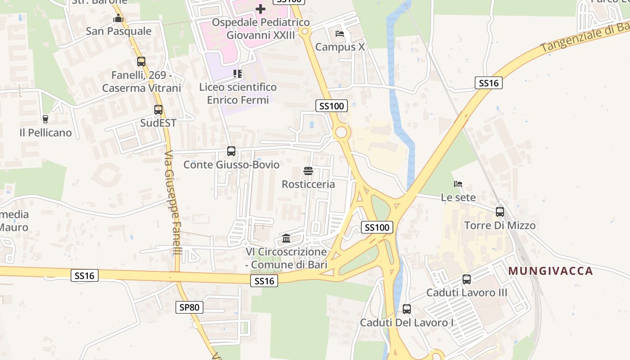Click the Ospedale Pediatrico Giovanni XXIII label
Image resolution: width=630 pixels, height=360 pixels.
261,28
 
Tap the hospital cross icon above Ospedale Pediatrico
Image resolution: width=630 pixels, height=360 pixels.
261,9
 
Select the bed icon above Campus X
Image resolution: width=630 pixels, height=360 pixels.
340,34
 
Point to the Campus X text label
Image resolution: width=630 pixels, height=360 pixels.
340,47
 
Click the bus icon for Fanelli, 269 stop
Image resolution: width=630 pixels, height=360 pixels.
141,62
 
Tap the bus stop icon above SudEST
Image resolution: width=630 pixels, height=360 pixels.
158,109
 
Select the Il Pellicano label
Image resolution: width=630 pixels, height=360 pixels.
45,133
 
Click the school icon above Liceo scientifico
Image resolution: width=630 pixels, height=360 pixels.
238,73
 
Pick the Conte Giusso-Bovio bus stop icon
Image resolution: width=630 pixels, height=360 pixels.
231,151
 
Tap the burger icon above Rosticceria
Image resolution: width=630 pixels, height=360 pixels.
308,171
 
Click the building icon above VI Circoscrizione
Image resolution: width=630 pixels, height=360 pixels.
286,238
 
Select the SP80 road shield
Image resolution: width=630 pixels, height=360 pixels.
189,307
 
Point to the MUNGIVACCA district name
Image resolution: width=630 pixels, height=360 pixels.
551,271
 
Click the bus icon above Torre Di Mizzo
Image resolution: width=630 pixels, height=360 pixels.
500,212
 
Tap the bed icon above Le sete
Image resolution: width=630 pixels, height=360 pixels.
458,184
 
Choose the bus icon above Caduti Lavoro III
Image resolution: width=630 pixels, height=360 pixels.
467,279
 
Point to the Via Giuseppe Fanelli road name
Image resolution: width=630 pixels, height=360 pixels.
172,202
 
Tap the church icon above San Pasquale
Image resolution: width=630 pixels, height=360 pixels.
118,18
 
